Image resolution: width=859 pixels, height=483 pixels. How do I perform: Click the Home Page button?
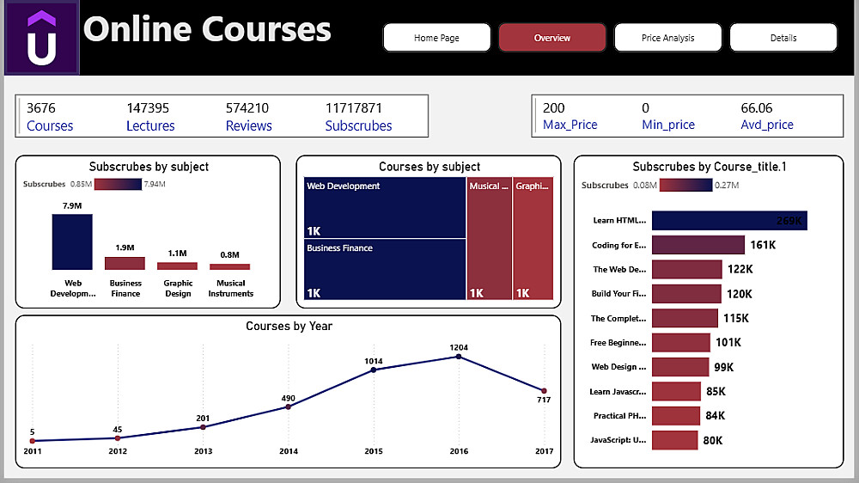pyautogui.click(x=436, y=38)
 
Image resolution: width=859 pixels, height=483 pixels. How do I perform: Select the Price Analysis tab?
pyautogui.click(x=667, y=38)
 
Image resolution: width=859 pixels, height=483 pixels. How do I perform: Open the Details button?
pyautogui.click(x=783, y=38)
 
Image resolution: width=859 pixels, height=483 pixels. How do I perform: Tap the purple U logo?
pyautogui.click(x=41, y=39)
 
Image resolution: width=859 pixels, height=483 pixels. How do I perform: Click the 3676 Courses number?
pyautogui.click(x=40, y=108)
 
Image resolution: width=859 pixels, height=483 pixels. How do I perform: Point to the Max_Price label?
pyautogui.click(x=570, y=125)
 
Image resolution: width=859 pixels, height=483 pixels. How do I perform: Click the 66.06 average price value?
pyautogui.click(x=756, y=108)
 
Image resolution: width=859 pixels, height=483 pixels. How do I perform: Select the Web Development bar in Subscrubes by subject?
pyautogui.click(x=72, y=241)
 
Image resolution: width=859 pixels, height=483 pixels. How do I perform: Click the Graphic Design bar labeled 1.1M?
pyautogui.click(x=177, y=266)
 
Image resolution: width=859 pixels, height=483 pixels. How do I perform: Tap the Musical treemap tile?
pyautogui.click(x=489, y=239)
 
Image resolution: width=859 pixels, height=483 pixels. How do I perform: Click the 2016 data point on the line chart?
pyautogui.click(x=458, y=357)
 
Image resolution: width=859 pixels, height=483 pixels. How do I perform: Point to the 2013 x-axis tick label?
pyautogui.click(x=203, y=451)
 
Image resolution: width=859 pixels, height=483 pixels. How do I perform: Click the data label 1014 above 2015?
pyautogui.click(x=373, y=361)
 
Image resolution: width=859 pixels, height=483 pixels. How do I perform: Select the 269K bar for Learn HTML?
pyautogui.click(x=728, y=221)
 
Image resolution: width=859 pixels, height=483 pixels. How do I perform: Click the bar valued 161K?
pyautogui.click(x=698, y=245)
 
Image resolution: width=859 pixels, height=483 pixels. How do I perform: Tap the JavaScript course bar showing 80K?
pyautogui.click(x=674, y=440)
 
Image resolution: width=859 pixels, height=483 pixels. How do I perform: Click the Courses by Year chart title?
pyautogui.click(x=289, y=327)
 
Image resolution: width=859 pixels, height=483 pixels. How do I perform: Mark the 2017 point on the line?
pyautogui.click(x=544, y=391)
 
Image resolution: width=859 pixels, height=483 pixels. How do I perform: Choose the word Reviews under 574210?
pyautogui.click(x=248, y=125)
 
